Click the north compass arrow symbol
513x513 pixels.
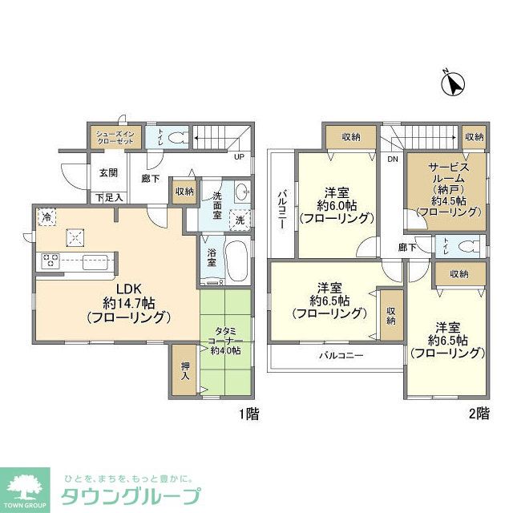click(x=454, y=83)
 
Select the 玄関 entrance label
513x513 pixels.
click(x=108, y=172)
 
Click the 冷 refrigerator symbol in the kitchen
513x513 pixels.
click(x=46, y=216)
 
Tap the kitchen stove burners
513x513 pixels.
click(x=50, y=259)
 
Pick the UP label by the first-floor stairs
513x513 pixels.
click(x=239, y=156)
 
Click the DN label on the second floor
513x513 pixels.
click(x=392, y=160)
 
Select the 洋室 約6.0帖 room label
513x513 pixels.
click(x=337, y=204)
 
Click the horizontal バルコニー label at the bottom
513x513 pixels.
click(x=341, y=354)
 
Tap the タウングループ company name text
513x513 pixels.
click(x=126, y=495)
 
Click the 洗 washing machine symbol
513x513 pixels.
click(x=240, y=220)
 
